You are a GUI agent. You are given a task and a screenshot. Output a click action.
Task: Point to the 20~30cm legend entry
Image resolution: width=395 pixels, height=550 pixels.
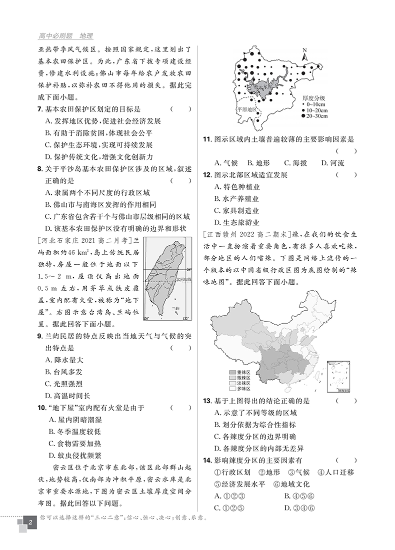[313, 116]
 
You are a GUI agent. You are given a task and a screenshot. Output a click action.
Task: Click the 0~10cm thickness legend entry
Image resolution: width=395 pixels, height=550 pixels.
[312, 104]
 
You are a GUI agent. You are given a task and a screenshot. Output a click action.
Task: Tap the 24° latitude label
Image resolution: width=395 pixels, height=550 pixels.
[188, 267]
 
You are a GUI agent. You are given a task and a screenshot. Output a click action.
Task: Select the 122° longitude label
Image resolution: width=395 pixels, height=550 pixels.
[186, 319]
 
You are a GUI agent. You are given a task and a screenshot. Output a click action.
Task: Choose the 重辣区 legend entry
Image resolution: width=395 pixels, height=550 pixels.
[239, 372]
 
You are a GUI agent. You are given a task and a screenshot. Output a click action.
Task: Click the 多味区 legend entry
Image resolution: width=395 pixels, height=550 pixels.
[239, 388]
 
